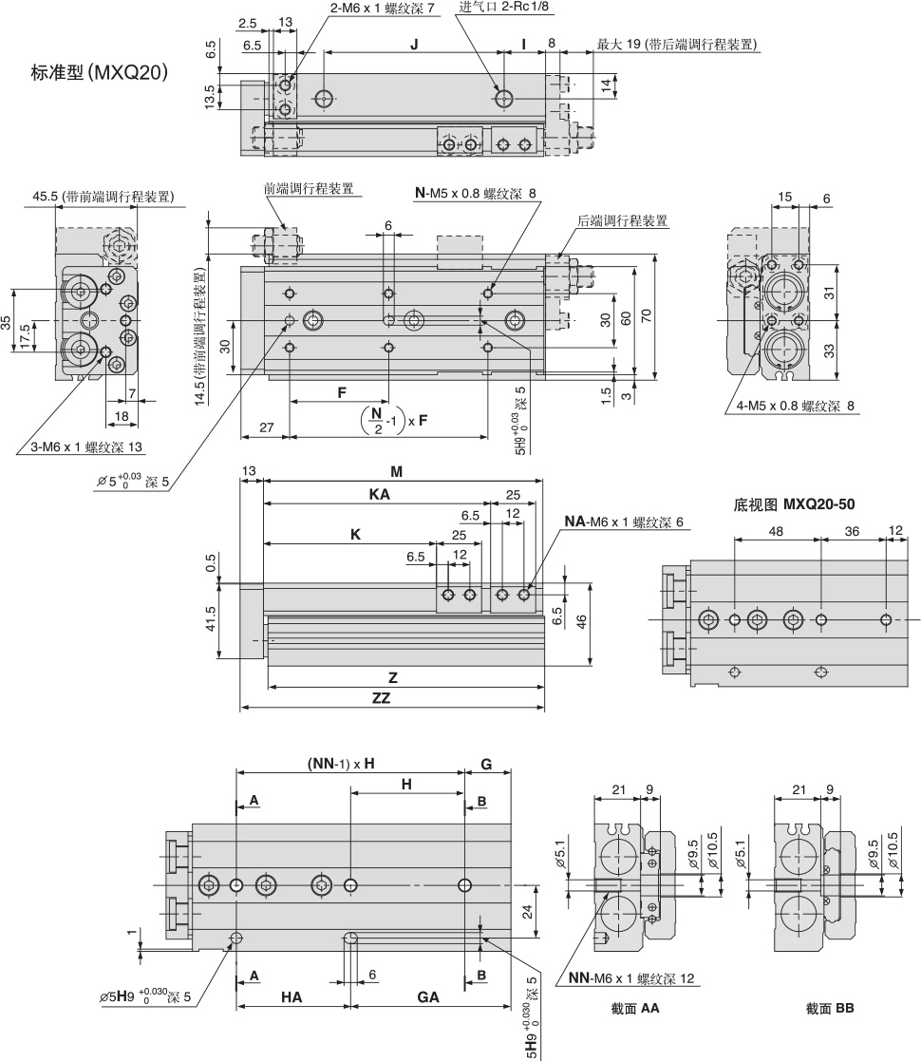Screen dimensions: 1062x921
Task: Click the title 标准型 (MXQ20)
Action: pos(101,72)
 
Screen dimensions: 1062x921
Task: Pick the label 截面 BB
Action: pos(830,1008)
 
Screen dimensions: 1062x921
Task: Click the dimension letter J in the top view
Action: pos(414,45)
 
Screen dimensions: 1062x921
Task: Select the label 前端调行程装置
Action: pos(308,188)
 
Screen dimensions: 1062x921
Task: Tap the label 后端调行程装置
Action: pos(622,220)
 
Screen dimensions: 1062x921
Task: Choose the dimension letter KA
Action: pos(380,495)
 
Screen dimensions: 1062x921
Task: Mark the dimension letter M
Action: pos(397,472)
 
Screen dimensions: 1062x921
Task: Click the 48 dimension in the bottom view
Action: pos(776,532)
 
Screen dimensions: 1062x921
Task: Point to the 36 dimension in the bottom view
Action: pos(852,532)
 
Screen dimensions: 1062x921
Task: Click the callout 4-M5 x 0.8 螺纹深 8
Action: pos(795,407)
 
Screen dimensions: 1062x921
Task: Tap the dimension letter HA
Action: pos(291,996)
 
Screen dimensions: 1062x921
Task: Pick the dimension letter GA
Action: pos(428,996)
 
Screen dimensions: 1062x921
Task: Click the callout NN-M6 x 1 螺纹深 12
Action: pos(631,978)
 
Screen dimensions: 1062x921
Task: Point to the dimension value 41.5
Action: pos(211,619)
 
